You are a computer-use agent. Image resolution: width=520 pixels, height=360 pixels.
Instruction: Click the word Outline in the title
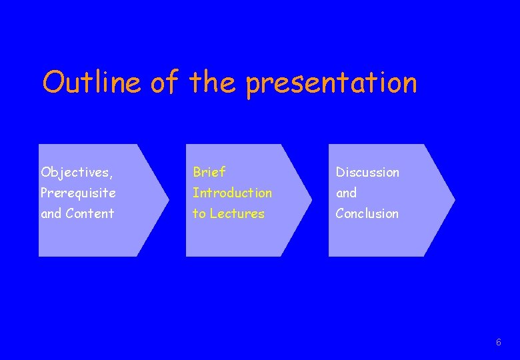pos(91,83)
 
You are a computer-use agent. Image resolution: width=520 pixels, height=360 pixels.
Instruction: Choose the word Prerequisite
pos(78,193)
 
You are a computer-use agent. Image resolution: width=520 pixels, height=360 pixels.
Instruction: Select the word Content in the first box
pos(90,214)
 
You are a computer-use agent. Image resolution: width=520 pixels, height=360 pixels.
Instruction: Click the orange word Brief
pos(209,172)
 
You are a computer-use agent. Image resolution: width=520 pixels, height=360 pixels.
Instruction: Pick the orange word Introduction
pos(232,193)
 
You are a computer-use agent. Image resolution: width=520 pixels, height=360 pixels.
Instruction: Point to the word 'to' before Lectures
pos(199,214)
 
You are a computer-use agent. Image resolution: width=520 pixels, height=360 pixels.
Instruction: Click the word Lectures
pos(237,214)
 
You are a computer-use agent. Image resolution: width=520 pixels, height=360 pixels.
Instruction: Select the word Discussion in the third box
pos(367,172)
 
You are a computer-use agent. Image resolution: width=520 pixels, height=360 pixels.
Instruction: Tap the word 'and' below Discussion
pos(346,193)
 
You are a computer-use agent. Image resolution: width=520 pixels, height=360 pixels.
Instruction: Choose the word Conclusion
pos(367,214)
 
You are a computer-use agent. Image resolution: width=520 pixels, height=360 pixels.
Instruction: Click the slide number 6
pos(499,342)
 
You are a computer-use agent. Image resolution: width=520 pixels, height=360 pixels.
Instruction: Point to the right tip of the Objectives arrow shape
pos(169,199)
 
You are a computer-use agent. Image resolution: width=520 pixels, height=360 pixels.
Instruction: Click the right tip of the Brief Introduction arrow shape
pos(311,199)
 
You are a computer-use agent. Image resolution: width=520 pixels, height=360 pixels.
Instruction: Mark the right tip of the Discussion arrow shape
pos(455,199)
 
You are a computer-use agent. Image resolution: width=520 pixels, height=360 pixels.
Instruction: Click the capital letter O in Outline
pos(53,83)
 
